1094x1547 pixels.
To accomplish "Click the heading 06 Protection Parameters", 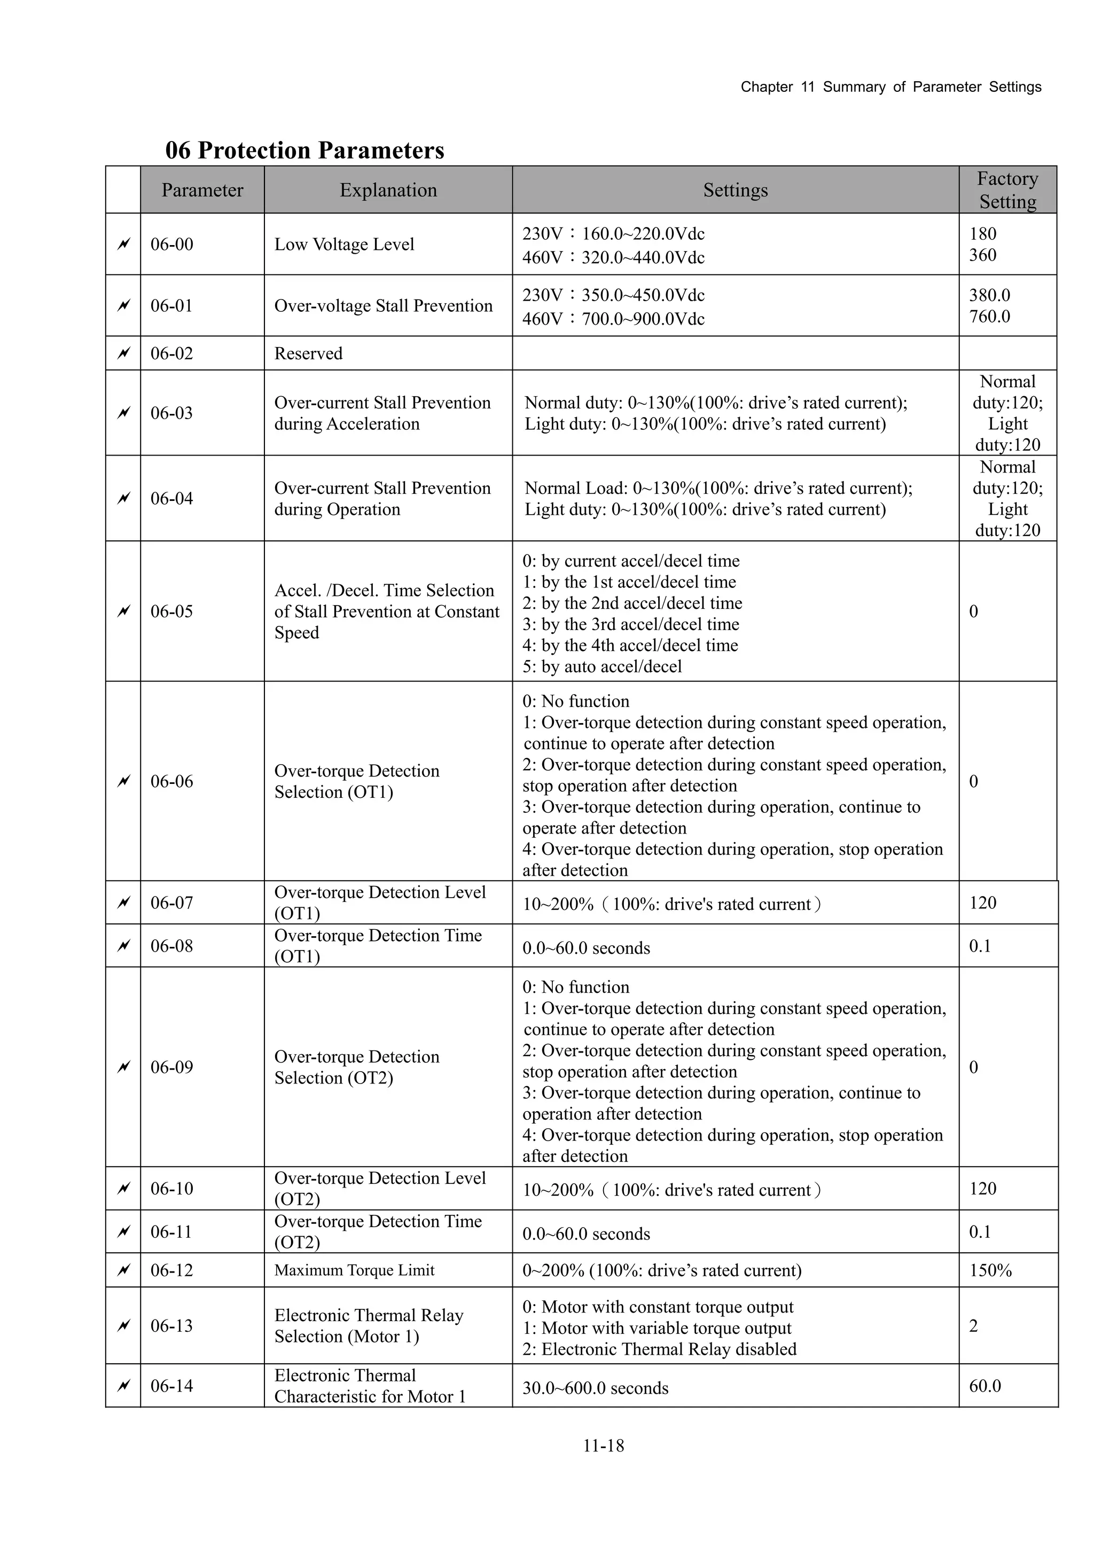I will pos(304,150).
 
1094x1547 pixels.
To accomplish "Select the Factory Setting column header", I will pos(1007,190).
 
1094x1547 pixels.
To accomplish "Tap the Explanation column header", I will pos(388,190).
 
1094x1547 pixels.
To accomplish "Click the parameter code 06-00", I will pos(172,244).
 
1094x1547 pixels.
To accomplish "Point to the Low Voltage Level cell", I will pos(344,244).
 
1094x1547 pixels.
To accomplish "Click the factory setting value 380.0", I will pos(989,295).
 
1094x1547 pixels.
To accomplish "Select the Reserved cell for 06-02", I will pos(308,353).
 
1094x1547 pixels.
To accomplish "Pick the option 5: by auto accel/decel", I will pos(602,666).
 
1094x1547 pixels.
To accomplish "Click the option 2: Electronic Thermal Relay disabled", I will pos(659,1349).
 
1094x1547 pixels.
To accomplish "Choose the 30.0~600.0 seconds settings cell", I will pos(595,1388).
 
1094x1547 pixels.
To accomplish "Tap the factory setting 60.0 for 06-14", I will pos(985,1386).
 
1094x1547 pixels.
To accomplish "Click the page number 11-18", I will pos(603,1446).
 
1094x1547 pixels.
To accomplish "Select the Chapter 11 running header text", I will pos(890,87).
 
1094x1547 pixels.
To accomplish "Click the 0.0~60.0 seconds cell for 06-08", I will pos(586,948).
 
